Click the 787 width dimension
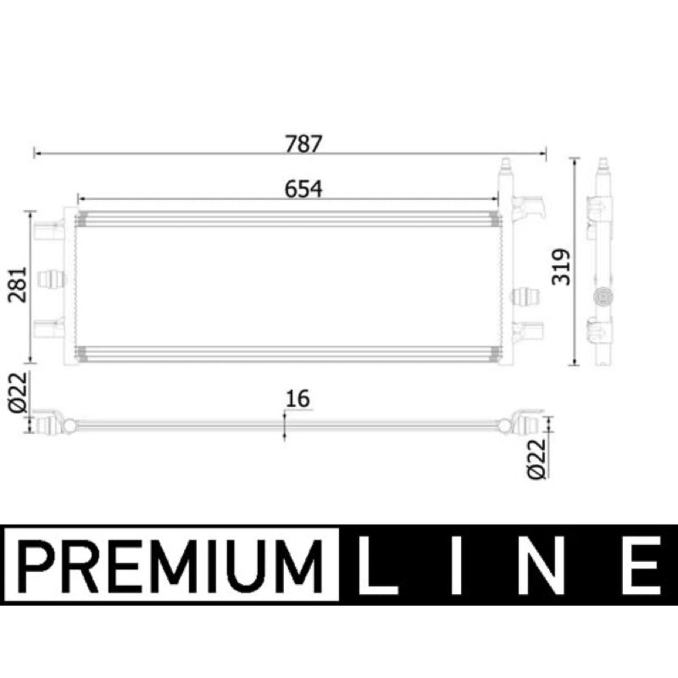point(303,144)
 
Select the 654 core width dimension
point(303,189)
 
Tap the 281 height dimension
point(18,285)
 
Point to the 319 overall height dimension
point(561,267)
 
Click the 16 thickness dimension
point(298,398)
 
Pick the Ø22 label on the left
point(18,392)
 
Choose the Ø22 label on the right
point(537,459)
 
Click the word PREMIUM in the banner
point(171,566)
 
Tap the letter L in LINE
point(376,566)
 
